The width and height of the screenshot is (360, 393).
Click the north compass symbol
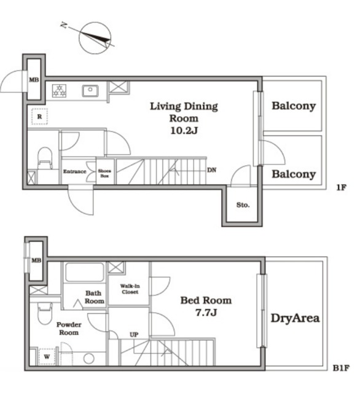(x=95, y=38)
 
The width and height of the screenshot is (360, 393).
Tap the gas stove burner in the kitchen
(x=59, y=91)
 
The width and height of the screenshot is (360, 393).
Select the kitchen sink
(x=90, y=91)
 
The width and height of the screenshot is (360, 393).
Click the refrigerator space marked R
(x=39, y=117)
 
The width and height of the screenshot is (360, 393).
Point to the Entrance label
(x=75, y=172)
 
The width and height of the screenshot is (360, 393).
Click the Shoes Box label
(x=104, y=173)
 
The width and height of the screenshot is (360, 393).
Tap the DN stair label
(x=211, y=170)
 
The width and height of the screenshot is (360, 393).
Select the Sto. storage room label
(x=243, y=205)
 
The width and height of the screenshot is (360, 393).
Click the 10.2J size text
(x=184, y=131)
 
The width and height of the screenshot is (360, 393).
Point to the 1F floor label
(x=341, y=187)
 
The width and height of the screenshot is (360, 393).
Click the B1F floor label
(x=341, y=368)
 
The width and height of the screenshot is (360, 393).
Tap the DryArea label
(x=295, y=318)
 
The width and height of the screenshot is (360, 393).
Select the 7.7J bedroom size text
(x=206, y=313)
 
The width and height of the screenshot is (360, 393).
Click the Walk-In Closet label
(x=130, y=289)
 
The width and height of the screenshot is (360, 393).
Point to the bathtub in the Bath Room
(x=85, y=272)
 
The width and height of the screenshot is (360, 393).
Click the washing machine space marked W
(x=47, y=357)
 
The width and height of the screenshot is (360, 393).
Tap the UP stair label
(x=134, y=335)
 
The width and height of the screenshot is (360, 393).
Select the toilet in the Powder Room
(x=45, y=314)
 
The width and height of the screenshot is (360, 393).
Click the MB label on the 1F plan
(x=34, y=80)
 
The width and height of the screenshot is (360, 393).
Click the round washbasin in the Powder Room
(x=88, y=359)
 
